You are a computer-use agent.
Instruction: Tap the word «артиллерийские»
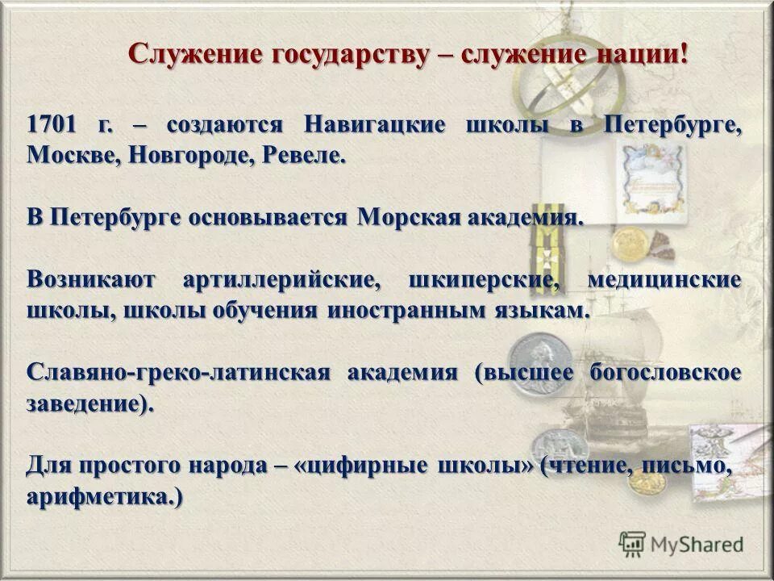pyautogui.click(x=281, y=280)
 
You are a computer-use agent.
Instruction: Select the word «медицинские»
pyautogui.click(x=664, y=280)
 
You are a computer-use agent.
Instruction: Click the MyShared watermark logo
pyautogui.click(x=682, y=542)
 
